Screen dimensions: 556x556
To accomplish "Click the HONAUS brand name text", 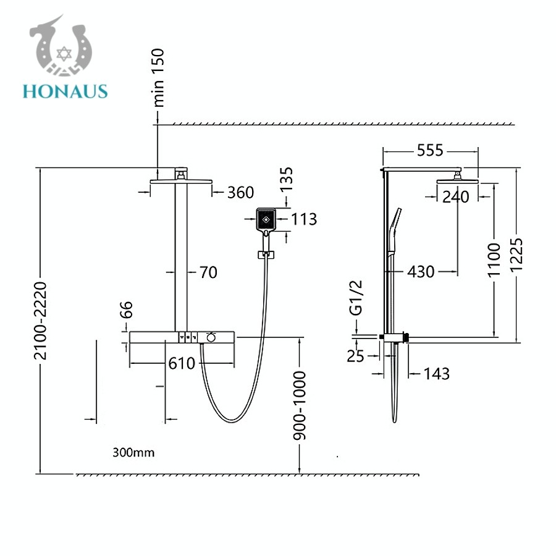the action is click(65, 91).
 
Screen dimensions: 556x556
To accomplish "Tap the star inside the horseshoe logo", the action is click(64, 54).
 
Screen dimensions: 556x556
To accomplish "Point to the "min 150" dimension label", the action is click(158, 78).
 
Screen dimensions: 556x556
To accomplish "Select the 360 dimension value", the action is click(240, 193).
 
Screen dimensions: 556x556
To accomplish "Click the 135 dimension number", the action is click(287, 179).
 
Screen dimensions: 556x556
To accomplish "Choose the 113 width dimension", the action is click(304, 219).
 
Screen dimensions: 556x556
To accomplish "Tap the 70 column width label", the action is click(209, 272).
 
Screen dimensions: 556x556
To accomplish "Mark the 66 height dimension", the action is click(127, 310).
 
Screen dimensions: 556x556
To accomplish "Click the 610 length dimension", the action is click(182, 363).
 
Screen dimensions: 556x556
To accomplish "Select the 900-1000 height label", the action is click(300, 406).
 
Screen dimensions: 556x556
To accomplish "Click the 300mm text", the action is click(133, 452).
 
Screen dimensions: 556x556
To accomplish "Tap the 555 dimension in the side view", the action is click(430, 150).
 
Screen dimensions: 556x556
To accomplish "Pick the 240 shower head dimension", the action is click(456, 197).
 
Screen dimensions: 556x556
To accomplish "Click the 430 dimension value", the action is click(421, 272).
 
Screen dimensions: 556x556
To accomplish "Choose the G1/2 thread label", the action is click(356, 298).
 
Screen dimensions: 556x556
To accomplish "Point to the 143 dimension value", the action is click(437, 374).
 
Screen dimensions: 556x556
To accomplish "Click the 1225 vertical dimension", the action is click(516, 255).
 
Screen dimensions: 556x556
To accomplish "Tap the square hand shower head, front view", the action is click(266, 220).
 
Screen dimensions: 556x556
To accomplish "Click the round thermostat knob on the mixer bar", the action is click(211, 337).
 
